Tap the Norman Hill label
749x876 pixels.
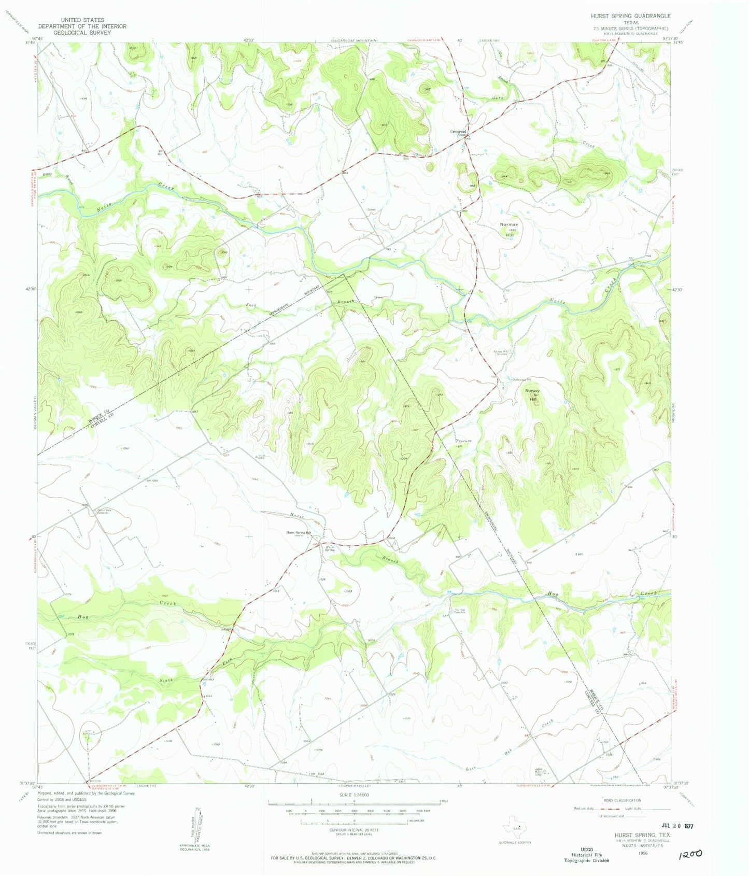(508, 229)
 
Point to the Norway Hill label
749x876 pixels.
(532, 394)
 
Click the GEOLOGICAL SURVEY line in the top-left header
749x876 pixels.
(82, 32)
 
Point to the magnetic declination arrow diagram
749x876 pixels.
(197, 824)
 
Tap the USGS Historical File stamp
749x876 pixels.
(586, 854)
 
